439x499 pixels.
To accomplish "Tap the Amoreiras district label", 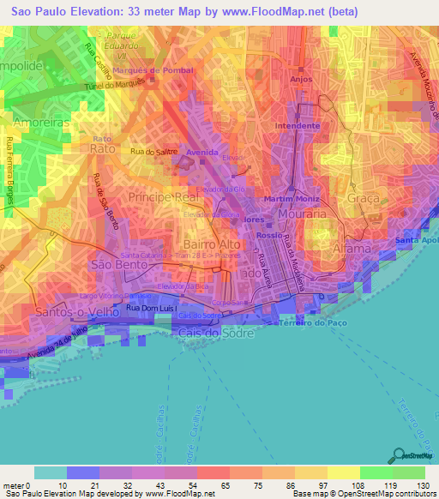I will [33, 124].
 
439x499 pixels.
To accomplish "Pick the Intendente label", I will [297, 126].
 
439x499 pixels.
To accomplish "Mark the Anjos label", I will [300, 78].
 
